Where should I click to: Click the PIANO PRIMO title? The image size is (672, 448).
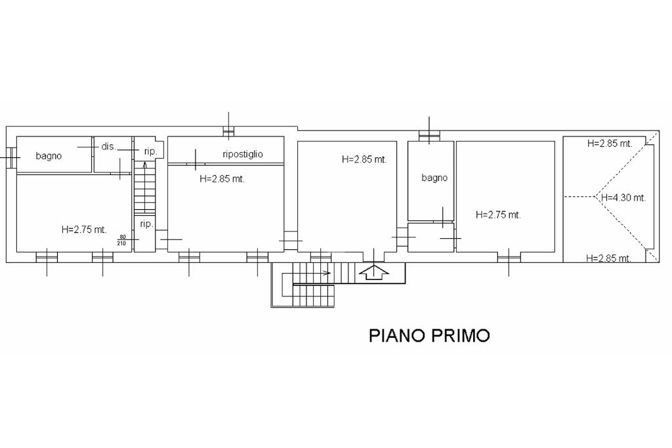pos(429,335)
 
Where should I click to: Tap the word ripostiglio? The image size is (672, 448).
pos(243,154)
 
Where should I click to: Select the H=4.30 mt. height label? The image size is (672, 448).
pos(623,198)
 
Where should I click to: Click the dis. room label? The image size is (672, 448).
pos(109,146)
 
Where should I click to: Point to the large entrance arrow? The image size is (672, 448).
pos(373,272)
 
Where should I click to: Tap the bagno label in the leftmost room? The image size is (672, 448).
pos(49,156)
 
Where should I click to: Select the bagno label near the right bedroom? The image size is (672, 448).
pos(434,178)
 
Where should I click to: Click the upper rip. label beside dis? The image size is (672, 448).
pos(151,152)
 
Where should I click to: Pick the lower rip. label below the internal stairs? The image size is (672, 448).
pos(146,224)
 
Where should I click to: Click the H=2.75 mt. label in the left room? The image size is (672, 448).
pos(84,230)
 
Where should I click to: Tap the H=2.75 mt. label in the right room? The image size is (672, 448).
pos(498,215)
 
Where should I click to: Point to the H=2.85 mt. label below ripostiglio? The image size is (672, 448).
pos(222,179)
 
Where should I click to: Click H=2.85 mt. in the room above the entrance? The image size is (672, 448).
pos(364,160)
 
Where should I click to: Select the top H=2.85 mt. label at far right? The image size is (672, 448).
pos(610,144)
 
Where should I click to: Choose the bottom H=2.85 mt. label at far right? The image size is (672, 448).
pos(608,258)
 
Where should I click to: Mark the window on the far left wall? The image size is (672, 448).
pos(11,158)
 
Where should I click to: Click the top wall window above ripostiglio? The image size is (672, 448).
pos(228,132)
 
